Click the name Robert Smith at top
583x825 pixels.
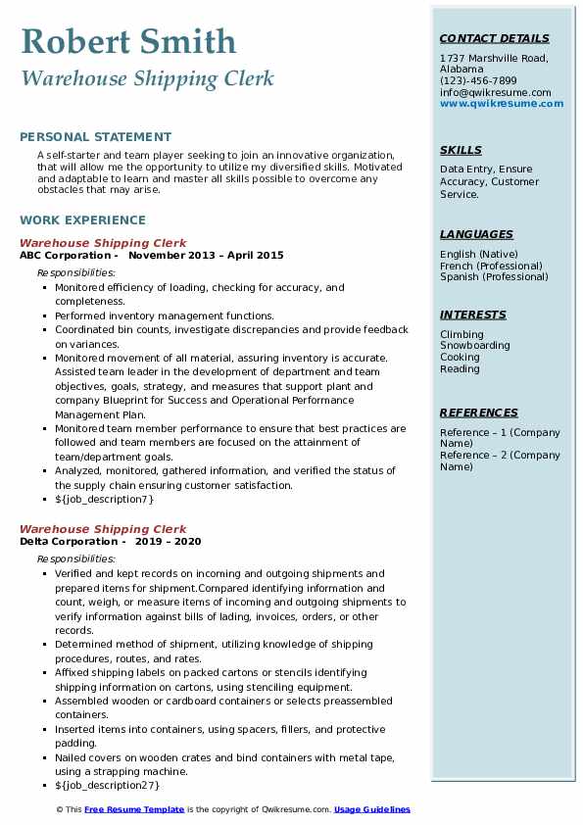pyautogui.click(x=127, y=42)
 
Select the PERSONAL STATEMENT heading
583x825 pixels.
pyautogui.click(x=95, y=137)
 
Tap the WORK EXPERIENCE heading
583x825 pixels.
pyautogui.click(x=82, y=220)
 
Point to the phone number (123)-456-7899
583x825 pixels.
pyautogui.click(x=478, y=81)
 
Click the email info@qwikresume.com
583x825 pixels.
pyautogui.click(x=495, y=92)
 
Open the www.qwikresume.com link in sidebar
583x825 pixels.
pyautogui.click(x=502, y=103)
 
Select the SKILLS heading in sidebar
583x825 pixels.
pyautogui.click(x=461, y=151)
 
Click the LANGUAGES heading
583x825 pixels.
pyautogui.click(x=476, y=235)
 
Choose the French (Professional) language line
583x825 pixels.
pyautogui.click(x=490, y=266)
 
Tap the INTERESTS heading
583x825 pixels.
pyautogui.click(x=473, y=315)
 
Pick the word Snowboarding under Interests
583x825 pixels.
pyautogui.click(x=475, y=346)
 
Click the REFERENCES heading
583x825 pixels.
pyautogui.click(x=478, y=413)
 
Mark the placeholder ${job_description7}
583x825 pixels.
pyautogui.click(x=105, y=500)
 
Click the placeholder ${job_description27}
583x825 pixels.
pyautogui.click(x=108, y=786)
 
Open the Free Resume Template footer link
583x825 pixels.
pyautogui.click(x=134, y=810)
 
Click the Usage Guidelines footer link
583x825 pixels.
pyautogui.click(x=372, y=810)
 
